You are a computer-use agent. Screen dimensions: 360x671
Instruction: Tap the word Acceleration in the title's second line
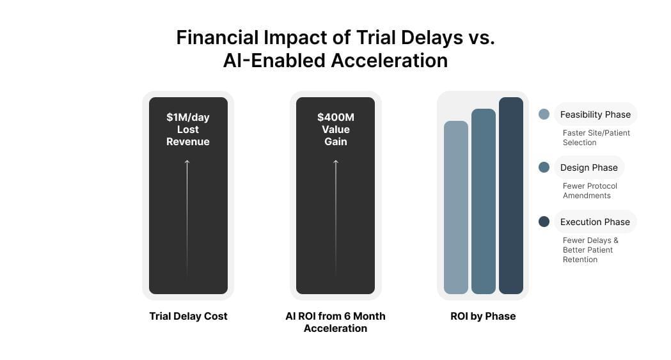click(x=389, y=60)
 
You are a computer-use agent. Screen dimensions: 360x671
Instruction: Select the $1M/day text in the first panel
click(x=188, y=117)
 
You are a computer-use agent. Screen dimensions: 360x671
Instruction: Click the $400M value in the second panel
click(x=335, y=117)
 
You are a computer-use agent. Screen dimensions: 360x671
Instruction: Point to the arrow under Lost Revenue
click(x=187, y=217)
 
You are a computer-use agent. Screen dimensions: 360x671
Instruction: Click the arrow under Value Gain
click(x=335, y=217)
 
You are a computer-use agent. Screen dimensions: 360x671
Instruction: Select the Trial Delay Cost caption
click(x=188, y=316)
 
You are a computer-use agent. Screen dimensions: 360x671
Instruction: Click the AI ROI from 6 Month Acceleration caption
click(x=335, y=322)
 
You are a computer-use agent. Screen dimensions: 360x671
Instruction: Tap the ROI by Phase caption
click(x=483, y=316)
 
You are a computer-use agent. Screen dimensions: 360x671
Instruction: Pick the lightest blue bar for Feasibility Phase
click(x=456, y=207)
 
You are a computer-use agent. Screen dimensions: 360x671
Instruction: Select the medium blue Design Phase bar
click(x=484, y=201)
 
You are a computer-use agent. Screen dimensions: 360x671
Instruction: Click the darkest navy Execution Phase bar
click(x=511, y=196)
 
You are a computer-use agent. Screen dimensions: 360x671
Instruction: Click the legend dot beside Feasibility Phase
click(x=544, y=114)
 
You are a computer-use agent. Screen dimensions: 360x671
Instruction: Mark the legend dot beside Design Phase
click(x=544, y=168)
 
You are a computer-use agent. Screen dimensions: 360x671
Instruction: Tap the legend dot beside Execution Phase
click(x=544, y=222)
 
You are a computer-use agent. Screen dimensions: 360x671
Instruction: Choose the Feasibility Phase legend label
click(x=595, y=114)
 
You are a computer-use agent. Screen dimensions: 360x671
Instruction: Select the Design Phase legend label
click(x=588, y=168)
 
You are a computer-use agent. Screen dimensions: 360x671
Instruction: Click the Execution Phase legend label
click(x=595, y=222)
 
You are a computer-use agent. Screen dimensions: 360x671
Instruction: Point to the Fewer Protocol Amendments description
click(x=590, y=191)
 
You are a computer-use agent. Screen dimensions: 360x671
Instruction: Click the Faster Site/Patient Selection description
click(x=596, y=137)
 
